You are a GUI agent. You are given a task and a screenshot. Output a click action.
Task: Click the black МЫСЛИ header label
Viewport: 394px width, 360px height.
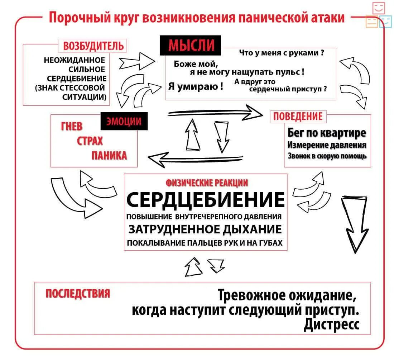click(190, 46)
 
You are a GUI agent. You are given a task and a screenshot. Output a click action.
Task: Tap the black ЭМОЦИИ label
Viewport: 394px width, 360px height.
click(124, 121)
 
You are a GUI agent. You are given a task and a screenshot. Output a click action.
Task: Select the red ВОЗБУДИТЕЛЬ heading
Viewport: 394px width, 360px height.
click(93, 46)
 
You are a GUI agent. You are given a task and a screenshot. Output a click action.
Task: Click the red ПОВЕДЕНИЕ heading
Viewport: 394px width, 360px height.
click(298, 117)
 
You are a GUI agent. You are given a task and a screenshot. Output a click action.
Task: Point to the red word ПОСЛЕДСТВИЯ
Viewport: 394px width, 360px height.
click(78, 294)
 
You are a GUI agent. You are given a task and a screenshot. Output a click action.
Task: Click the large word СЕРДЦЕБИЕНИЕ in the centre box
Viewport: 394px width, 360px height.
click(206, 199)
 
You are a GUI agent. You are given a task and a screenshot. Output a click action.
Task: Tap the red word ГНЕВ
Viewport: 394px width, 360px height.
click(72, 127)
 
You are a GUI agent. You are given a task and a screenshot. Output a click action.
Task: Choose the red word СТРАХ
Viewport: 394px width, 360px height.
click(90, 141)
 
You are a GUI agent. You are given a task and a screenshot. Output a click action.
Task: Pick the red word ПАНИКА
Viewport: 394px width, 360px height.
click(109, 156)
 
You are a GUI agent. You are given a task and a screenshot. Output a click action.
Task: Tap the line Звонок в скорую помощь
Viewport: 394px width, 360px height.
click(327, 156)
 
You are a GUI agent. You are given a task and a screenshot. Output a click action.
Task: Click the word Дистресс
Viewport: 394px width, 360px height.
click(331, 325)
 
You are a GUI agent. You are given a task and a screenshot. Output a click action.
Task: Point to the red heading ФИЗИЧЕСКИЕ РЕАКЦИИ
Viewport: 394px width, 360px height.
click(207, 183)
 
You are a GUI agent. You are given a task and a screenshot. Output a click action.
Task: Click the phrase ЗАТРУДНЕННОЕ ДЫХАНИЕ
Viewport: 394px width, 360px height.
click(205, 229)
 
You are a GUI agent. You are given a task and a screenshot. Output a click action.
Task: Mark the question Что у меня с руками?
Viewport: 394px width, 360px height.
click(282, 53)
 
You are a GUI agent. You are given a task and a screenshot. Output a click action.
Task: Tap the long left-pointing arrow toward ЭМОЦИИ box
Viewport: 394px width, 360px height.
click(196, 158)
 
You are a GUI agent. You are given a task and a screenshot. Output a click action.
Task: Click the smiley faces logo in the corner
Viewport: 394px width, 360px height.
click(378, 15)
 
